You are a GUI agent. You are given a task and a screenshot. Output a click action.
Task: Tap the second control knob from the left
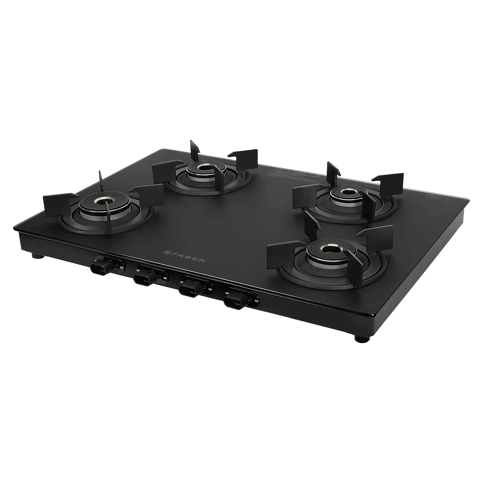[144, 278]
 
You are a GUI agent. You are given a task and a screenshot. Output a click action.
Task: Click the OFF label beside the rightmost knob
[257, 301]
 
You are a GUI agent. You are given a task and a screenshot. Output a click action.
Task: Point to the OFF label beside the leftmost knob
[122, 268]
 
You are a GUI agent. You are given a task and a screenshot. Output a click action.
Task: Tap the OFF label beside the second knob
[165, 278]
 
